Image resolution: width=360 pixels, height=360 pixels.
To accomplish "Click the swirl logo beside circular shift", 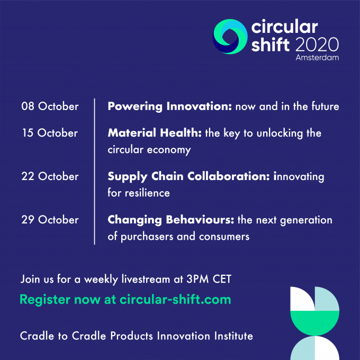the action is pyautogui.click(x=230, y=37).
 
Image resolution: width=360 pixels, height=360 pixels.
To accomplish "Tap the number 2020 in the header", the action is pyautogui.click(x=317, y=44).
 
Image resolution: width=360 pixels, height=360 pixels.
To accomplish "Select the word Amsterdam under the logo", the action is pyautogui.click(x=317, y=57).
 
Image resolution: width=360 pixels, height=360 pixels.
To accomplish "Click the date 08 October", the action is pyautogui.click(x=50, y=106).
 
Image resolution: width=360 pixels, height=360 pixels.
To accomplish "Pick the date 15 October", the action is pyautogui.click(x=50, y=133).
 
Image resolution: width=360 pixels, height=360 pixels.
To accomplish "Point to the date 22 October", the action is pyautogui.click(x=50, y=176).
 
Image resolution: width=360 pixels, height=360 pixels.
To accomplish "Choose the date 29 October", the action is pyautogui.click(x=50, y=220).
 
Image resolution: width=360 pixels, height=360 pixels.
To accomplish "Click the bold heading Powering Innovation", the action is pyautogui.click(x=169, y=106).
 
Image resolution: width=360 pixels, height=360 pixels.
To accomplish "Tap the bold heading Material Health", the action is pyautogui.click(x=155, y=133).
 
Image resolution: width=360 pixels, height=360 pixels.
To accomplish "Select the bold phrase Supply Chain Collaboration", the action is pyautogui.click(x=188, y=177).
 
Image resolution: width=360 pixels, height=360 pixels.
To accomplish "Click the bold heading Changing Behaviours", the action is pyautogui.click(x=171, y=220).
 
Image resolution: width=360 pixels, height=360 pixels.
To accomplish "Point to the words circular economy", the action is pyautogui.click(x=149, y=150).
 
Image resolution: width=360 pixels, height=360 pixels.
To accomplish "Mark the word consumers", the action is pyautogui.click(x=224, y=237).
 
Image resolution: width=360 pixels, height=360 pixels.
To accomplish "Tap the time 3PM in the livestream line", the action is pyautogui.click(x=197, y=279).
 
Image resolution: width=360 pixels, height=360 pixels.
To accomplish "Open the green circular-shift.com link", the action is pyautogui.click(x=175, y=300).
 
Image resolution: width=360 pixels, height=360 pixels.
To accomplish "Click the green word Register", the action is pyautogui.click(x=45, y=300).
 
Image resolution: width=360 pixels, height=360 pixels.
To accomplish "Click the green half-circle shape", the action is pyautogui.click(x=315, y=323).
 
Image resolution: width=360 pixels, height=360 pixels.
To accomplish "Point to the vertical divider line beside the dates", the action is pyautogui.click(x=94, y=172).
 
